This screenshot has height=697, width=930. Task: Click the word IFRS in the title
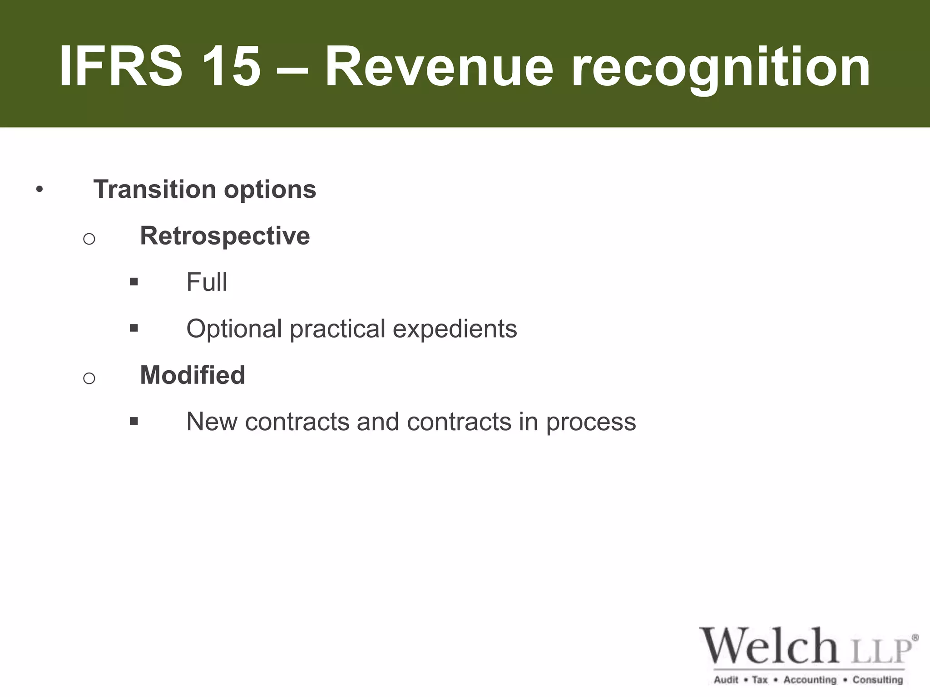tap(121, 67)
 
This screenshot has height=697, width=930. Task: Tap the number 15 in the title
tap(231, 67)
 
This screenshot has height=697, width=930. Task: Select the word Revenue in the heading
tap(439, 67)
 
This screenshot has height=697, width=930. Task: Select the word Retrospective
tap(225, 236)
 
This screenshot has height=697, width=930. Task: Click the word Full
tap(207, 282)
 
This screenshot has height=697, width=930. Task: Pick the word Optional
tap(234, 329)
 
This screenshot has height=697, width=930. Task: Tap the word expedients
tap(455, 329)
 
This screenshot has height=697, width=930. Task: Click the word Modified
tap(193, 375)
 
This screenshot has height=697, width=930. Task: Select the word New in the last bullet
tap(212, 422)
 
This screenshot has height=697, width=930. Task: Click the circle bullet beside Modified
tap(89, 378)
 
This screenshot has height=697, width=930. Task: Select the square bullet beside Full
tap(134, 282)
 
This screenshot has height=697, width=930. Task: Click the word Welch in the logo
tap(769, 646)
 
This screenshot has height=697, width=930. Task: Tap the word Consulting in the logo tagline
tap(877, 680)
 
